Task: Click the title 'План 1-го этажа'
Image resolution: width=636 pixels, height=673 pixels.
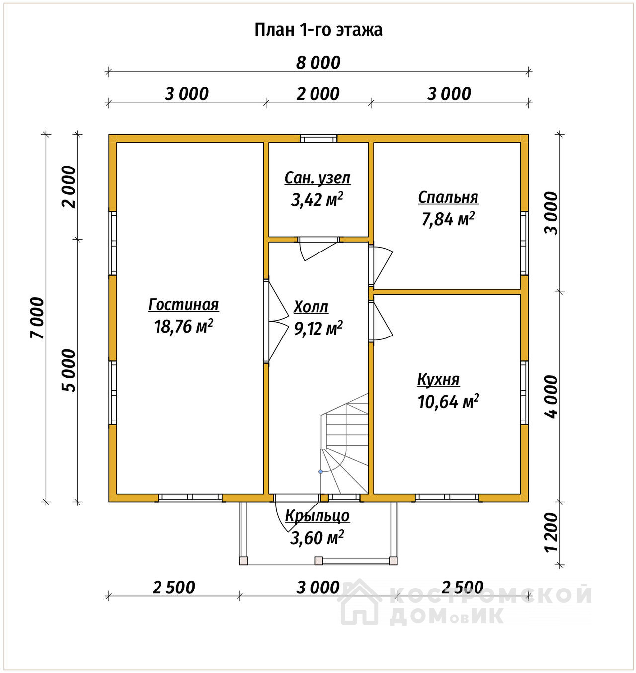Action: point(318,30)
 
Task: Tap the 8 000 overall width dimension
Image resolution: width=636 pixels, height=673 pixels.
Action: point(318,63)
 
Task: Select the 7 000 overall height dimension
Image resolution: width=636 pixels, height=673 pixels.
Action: point(37,318)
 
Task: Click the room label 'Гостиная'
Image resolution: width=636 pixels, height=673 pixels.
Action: point(183,304)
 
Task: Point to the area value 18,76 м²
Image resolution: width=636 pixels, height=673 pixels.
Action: point(183,326)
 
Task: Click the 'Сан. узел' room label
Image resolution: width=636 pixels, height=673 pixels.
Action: point(318,178)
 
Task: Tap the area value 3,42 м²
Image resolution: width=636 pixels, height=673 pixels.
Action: point(317,200)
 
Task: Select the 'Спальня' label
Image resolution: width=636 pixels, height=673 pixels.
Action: point(448,197)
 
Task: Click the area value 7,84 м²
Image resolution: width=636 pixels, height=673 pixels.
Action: point(448,219)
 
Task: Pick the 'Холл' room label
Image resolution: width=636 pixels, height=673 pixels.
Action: point(311,307)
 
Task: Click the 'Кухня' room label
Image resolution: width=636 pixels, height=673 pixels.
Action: point(438,380)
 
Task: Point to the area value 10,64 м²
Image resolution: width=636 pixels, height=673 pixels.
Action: point(448,401)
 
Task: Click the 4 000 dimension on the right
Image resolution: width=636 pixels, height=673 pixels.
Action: point(551,397)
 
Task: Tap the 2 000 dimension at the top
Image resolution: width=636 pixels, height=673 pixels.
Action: point(318,94)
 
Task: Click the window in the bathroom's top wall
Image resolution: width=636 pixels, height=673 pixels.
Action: point(318,139)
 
